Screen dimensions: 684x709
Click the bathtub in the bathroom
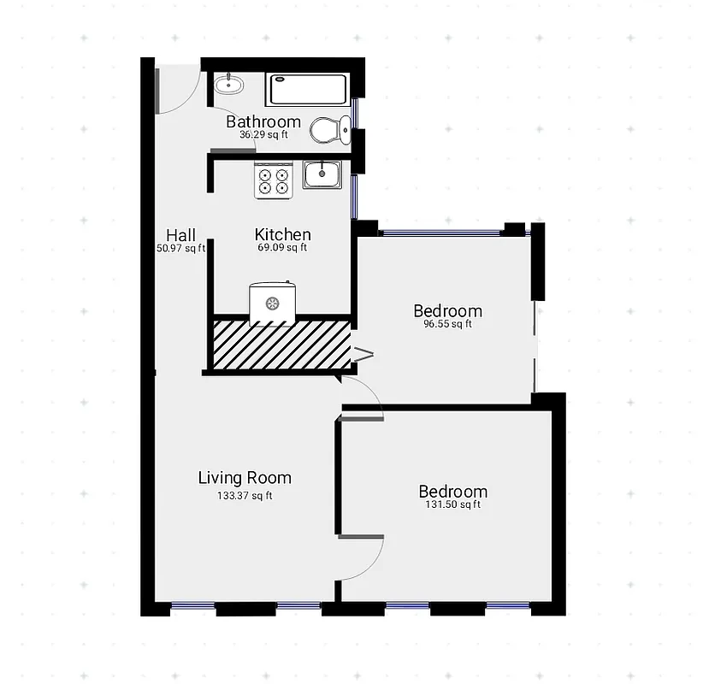coord(308,89)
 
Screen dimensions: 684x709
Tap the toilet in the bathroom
coord(330,130)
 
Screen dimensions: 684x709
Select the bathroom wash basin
coord(228,85)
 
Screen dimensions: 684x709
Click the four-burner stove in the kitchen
coord(274,180)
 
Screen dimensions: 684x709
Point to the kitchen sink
coord(322,174)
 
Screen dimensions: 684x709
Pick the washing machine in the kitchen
coord(273,303)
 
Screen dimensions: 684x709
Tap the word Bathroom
coord(263,122)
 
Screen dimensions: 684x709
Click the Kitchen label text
coord(282,234)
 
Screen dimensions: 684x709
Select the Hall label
coord(180,235)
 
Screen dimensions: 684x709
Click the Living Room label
coord(245,478)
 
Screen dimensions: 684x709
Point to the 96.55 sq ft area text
coord(447,324)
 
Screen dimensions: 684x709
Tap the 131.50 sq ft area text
coord(452,504)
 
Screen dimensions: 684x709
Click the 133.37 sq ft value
coord(245,495)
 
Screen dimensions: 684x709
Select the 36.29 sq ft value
coord(263,135)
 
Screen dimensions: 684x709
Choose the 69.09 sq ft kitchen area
coord(282,248)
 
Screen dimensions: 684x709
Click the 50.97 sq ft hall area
coord(180,249)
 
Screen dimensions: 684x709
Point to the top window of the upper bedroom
coord(440,232)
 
